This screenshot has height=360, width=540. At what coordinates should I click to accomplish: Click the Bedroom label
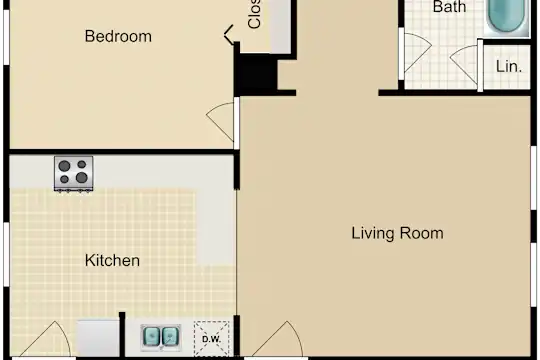(x=118, y=36)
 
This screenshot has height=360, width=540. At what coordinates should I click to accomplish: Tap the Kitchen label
(x=112, y=260)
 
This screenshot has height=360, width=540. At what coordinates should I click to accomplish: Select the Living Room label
(x=397, y=233)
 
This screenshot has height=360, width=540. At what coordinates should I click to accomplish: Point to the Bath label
(x=449, y=7)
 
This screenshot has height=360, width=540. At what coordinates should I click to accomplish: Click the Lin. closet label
(x=509, y=66)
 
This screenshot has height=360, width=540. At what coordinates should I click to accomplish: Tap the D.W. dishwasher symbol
(x=211, y=339)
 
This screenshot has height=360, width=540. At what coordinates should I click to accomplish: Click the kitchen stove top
(x=73, y=173)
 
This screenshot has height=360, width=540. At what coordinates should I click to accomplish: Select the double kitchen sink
(x=161, y=337)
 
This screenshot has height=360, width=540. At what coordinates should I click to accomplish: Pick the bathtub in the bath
(x=507, y=17)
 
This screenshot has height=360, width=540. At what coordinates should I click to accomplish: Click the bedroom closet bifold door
(x=229, y=34)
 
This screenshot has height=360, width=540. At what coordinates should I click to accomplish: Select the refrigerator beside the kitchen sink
(x=98, y=338)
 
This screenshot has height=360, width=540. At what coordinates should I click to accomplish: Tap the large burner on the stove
(x=82, y=178)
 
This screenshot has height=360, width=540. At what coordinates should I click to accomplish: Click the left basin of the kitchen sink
(x=152, y=337)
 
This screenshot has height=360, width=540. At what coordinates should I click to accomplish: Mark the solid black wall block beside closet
(x=256, y=73)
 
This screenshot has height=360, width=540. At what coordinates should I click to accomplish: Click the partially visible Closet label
(x=255, y=14)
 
